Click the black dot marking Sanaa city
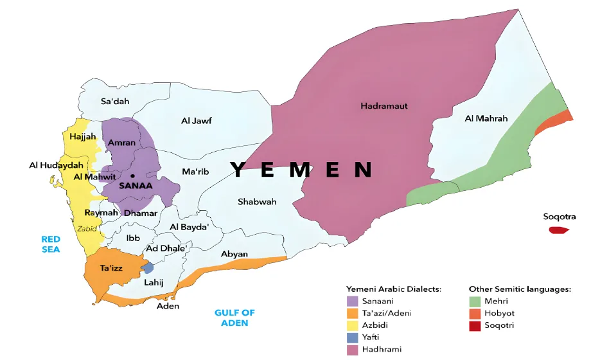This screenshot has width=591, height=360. tap(132, 175)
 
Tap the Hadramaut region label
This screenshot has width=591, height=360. tap(384, 105)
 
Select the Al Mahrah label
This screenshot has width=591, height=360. tap(486, 118)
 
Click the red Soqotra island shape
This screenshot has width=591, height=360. tap(559, 230)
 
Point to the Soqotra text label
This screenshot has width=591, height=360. tap(559, 217)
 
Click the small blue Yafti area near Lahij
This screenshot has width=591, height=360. tap(148, 267)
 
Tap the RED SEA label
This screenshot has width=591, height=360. tap(51, 244)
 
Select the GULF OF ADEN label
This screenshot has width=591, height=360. tap(234, 318)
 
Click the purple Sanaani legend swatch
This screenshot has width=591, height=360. tap(352, 301)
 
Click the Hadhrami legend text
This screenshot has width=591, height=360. tap(382, 350)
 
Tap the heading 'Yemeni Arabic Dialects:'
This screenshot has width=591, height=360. tap(394, 289)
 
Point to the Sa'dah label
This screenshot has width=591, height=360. tap(116, 101)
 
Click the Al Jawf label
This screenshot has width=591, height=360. tap(197, 120)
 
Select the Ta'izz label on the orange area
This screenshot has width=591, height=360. tap(112, 267)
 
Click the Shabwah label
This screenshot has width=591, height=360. tap(257, 202)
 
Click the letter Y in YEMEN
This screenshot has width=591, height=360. tap(237, 170)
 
